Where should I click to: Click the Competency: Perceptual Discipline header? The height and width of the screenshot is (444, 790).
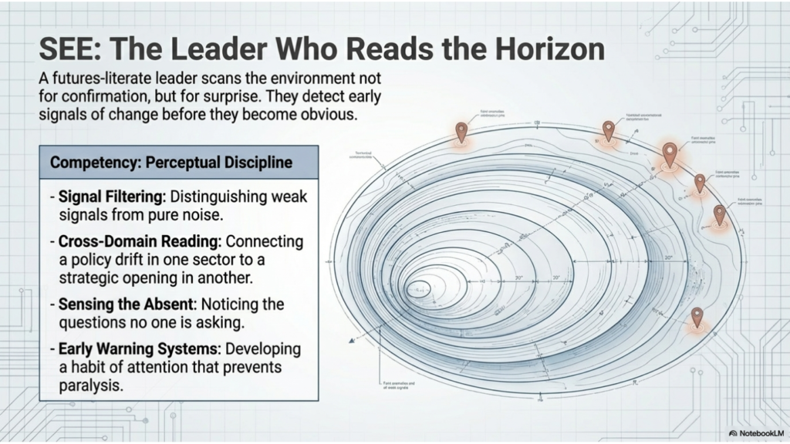click(x=170, y=163)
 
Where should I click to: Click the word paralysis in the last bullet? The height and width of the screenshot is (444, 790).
click(x=91, y=385)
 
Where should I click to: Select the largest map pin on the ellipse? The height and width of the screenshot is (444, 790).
click(x=669, y=153)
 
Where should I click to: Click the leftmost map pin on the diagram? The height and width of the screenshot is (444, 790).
click(x=461, y=131)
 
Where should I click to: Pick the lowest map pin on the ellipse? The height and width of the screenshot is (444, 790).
click(x=697, y=315)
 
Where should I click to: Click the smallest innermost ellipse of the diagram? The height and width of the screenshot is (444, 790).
click(x=420, y=291)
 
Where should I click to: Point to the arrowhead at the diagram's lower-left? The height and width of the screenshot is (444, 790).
click(x=352, y=340)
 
